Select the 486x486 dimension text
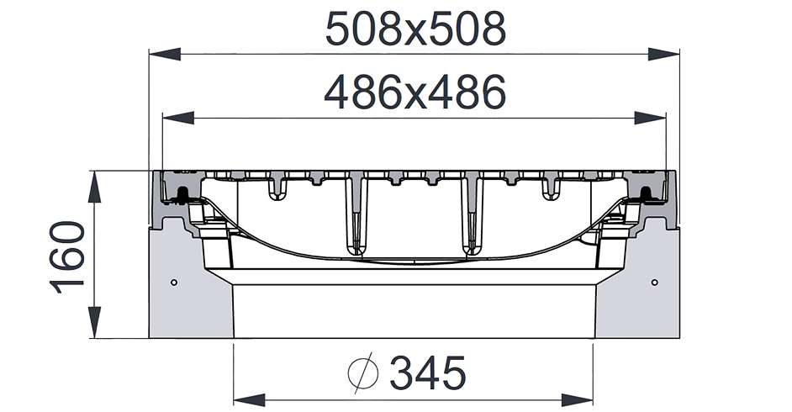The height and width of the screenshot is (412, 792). pyautogui.click(x=416, y=92)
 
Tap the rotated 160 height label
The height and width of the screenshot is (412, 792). pyautogui.click(x=68, y=256)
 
